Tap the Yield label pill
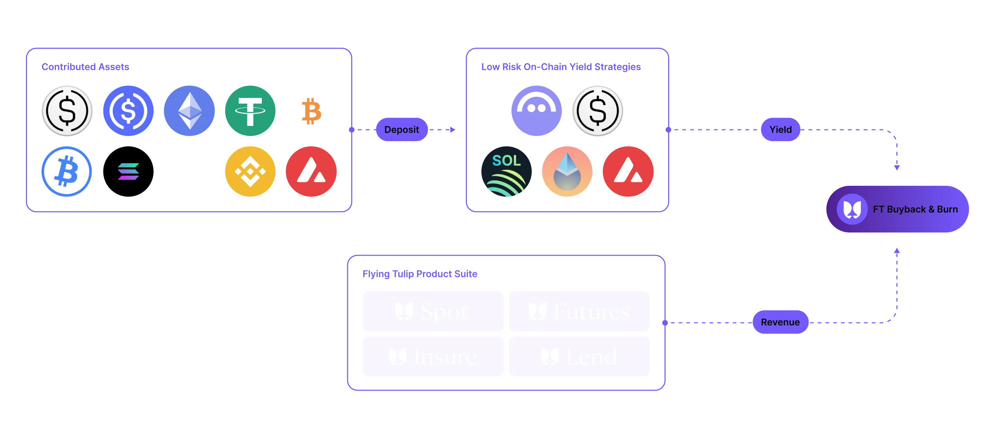[x=780, y=129]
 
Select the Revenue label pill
[x=780, y=322]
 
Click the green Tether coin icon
[x=250, y=111]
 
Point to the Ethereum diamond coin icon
[x=190, y=111]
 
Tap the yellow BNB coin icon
[x=250, y=171]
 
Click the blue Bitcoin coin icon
[x=66, y=171]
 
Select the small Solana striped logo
[x=128, y=171]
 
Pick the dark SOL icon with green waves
[x=507, y=171]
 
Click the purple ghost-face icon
[x=536, y=111]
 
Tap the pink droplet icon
[x=567, y=171]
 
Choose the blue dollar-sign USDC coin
[x=128, y=111]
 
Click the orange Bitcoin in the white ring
[x=311, y=111]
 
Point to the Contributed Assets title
[x=85, y=67]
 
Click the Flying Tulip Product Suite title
[x=420, y=274]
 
